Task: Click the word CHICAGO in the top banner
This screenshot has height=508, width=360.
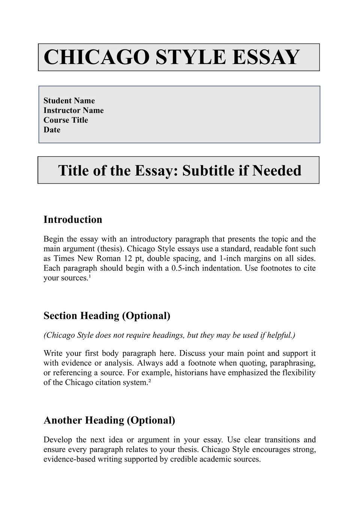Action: [x=97, y=57]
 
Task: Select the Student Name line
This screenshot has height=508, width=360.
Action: [x=69, y=101]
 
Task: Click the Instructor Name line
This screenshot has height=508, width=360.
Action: [x=73, y=111]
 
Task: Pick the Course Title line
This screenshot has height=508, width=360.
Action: [x=66, y=120]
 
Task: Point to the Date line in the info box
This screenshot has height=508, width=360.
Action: [x=52, y=130]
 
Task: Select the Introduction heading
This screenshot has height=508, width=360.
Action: [x=73, y=220]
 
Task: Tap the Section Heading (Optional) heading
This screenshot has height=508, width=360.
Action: [x=107, y=316]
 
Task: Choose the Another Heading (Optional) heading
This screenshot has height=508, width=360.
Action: [x=109, y=420]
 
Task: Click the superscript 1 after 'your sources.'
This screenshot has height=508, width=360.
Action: [x=90, y=276]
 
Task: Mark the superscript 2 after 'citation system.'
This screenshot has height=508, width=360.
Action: [x=150, y=381]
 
